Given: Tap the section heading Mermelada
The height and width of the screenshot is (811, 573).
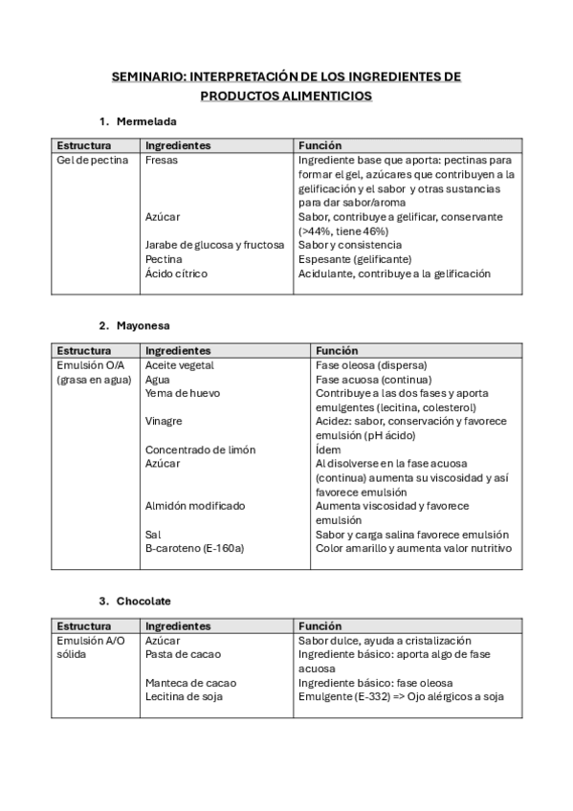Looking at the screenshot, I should pyautogui.click(x=145, y=121).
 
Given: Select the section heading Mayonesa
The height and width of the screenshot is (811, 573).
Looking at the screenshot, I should pyautogui.click(x=143, y=325).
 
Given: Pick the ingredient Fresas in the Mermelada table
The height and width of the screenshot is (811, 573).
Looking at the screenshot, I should pyautogui.click(x=161, y=161).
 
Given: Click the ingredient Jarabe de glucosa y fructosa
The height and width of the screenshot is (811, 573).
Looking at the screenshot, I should pyautogui.click(x=214, y=245).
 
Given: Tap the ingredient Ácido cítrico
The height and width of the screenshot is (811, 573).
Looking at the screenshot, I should pyautogui.click(x=176, y=274).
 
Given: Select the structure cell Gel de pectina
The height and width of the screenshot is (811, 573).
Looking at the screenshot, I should pyautogui.click(x=92, y=161).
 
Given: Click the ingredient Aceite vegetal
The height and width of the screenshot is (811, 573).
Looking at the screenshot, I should pyautogui.click(x=179, y=365).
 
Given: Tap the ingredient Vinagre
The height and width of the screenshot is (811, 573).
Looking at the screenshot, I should pyautogui.click(x=164, y=421).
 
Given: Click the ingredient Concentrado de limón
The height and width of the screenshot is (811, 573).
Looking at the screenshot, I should pyautogui.click(x=200, y=449).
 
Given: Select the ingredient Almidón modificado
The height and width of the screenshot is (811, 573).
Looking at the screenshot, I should pyautogui.click(x=194, y=506).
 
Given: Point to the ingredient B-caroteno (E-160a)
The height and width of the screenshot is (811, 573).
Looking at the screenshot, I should pyautogui.click(x=194, y=548).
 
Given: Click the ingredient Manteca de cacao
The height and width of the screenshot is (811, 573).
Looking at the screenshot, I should pyautogui.click(x=190, y=683).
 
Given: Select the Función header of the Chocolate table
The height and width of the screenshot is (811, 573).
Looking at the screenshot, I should pyautogui.click(x=320, y=625).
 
